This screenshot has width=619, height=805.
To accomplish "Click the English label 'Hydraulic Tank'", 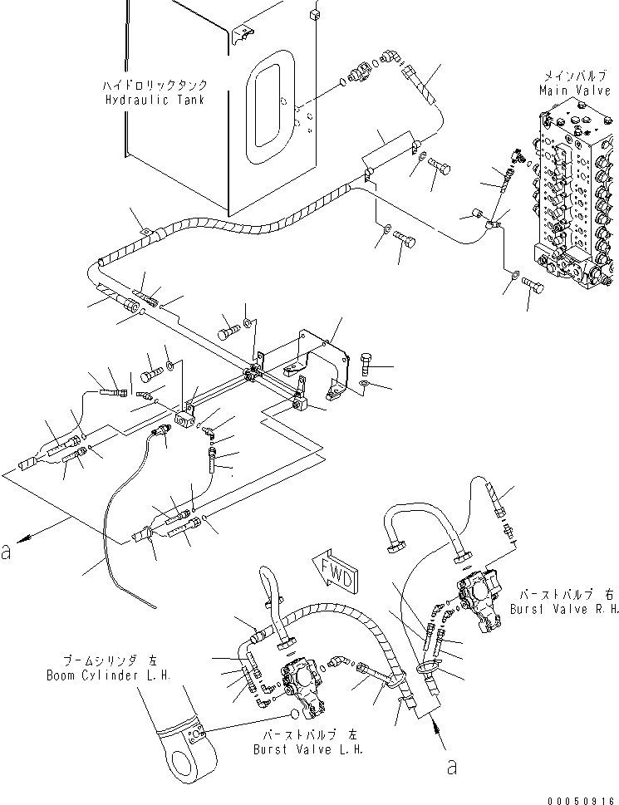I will click(155, 100).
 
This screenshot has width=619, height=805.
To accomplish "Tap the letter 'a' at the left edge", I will click(7, 552).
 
